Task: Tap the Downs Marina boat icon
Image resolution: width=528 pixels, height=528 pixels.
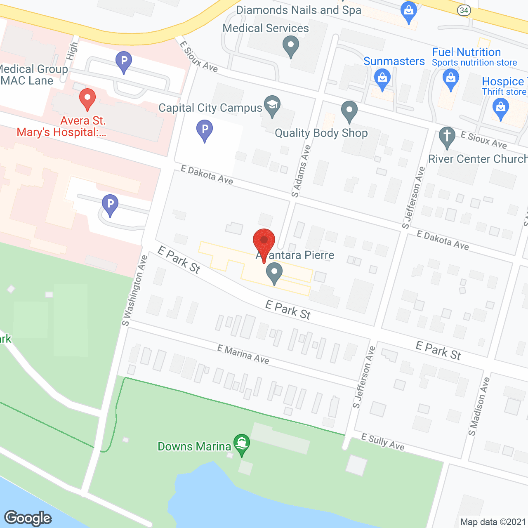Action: tap(241, 444)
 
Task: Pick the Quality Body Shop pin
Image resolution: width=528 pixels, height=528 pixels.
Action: tap(349, 111)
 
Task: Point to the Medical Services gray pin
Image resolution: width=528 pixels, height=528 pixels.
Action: tap(291, 46)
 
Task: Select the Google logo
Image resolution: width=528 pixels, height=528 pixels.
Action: tap(28, 518)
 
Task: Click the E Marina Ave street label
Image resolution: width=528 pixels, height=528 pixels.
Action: tap(243, 354)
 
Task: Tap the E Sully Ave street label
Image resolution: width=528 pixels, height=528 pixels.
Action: tap(383, 442)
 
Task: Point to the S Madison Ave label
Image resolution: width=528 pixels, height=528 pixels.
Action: tap(478, 406)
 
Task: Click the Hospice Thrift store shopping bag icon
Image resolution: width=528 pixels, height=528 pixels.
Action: tap(500, 108)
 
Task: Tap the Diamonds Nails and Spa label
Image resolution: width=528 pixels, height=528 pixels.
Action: tap(299, 10)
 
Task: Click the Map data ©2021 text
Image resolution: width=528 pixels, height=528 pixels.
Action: tap(493, 522)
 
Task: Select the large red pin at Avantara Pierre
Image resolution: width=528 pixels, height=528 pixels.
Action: tap(264, 243)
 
